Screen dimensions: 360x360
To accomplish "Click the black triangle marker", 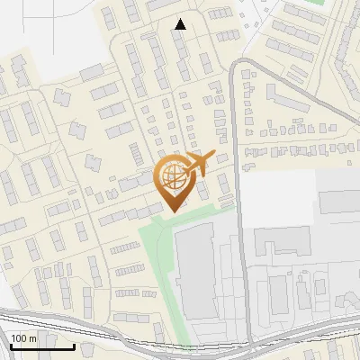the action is pos(181,24).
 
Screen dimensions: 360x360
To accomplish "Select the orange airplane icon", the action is pos(197,163).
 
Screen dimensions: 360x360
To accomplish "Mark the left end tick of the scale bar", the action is pos(11,346).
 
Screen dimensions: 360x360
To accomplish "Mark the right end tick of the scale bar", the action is pos(75,346).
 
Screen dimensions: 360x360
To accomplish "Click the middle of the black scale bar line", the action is pos(42,347).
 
